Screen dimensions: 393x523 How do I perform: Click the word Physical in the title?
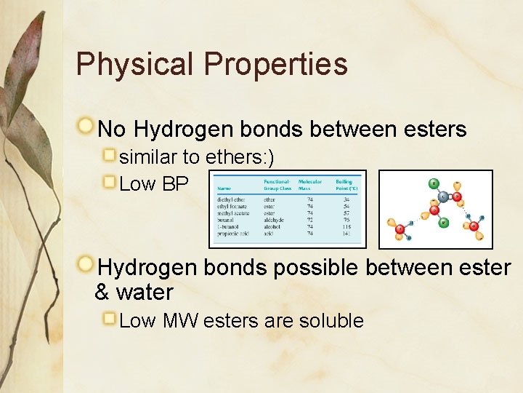pos(134,65)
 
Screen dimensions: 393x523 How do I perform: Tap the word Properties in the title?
pos(275,65)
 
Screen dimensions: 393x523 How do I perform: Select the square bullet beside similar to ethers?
pos(110,155)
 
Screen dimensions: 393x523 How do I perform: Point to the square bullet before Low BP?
pos(110,180)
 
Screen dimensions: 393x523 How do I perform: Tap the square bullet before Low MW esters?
pos(110,318)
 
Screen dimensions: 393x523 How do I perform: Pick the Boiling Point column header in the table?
pos(345,185)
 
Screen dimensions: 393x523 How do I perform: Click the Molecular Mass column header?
pos(310,185)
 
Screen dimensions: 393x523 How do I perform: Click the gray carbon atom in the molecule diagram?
pos(444,196)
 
